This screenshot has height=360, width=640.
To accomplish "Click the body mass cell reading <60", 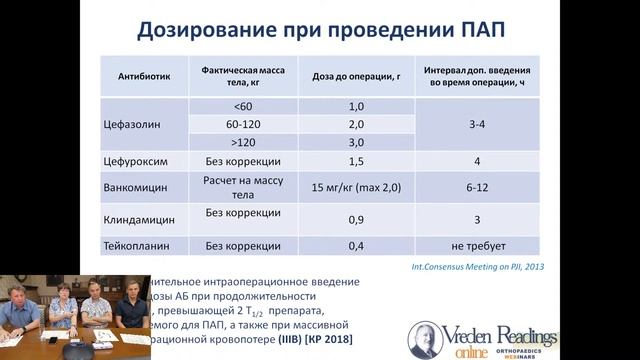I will point(244,106).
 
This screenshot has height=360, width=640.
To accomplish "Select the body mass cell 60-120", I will point(244,124).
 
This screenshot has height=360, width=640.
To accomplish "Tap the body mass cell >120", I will point(244,142).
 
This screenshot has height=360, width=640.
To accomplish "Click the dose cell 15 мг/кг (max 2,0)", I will point(356,187).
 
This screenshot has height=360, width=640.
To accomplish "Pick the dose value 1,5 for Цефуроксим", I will point(356,160).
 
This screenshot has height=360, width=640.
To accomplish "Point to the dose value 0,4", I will point(356,244).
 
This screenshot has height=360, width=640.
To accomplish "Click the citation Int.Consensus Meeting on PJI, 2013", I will point(492,266).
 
